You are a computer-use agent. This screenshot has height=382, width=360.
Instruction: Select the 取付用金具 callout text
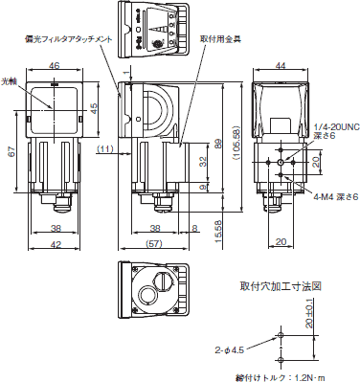(221, 39)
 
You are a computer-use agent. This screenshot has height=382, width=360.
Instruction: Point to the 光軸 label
(10, 82)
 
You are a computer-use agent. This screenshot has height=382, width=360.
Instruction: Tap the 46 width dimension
(55, 67)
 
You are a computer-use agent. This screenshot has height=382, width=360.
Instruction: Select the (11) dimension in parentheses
(104, 148)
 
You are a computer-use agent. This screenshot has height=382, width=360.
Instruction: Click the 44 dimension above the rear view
(281, 67)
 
